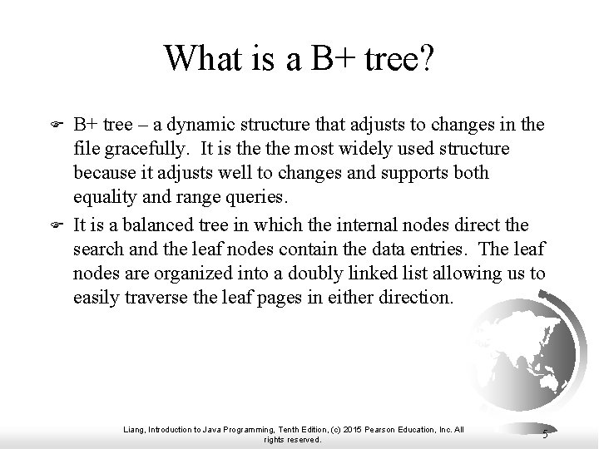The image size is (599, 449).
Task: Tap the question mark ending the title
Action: [424, 58]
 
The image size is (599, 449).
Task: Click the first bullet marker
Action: [57, 126]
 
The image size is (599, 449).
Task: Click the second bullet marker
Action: [57, 225]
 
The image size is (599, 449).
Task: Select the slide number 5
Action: [544, 432]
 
